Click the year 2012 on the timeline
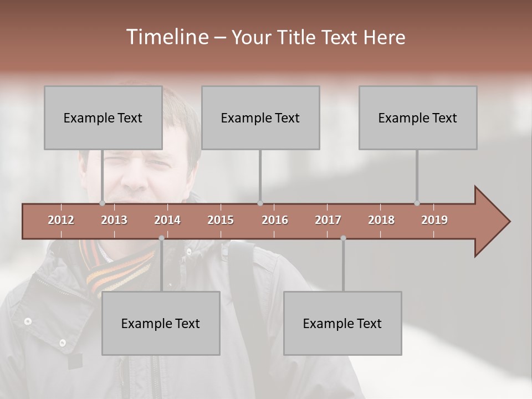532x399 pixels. (61, 220)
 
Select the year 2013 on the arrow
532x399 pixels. (114, 220)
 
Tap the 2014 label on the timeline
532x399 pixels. (167, 220)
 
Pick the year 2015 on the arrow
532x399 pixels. (221, 220)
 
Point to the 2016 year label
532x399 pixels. (275, 220)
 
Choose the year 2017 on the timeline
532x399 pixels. (328, 220)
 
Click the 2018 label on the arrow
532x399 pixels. (381, 220)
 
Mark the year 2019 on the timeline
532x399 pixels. (434, 220)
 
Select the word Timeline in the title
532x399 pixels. (167, 37)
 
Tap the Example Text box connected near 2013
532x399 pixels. (103, 117)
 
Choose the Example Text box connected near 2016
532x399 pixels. (260, 117)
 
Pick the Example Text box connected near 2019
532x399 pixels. (418, 117)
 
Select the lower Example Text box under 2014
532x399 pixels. (161, 323)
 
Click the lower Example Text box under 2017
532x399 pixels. (342, 323)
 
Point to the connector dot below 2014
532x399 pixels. (161, 238)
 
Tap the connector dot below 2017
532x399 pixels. (343, 238)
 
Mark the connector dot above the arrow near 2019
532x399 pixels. (417, 203)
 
